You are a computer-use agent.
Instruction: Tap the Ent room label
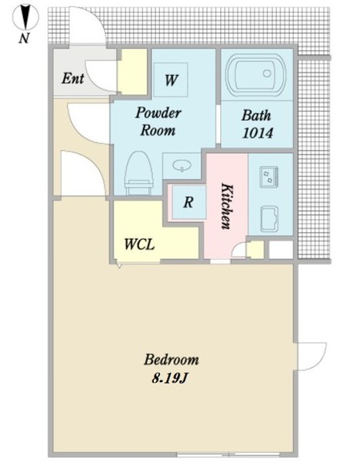[x=73, y=78]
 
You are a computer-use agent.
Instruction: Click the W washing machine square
[x=171, y=80]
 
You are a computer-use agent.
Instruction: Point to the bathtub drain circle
[x=267, y=73]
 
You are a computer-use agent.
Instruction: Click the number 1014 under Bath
[x=257, y=133]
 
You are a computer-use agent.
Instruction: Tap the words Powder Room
[x=158, y=121]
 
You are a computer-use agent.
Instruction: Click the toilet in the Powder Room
[x=139, y=173]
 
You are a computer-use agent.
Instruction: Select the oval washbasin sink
[x=182, y=165]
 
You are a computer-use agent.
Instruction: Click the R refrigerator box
[x=188, y=202]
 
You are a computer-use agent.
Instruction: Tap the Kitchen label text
[x=227, y=206]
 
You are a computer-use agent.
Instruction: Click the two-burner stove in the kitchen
[x=269, y=176]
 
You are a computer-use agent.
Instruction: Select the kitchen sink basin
[x=270, y=219]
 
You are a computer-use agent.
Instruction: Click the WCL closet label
[x=139, y=244]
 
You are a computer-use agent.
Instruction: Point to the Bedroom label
[x=172, y=360]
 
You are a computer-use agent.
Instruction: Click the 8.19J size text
[x=170, y=378]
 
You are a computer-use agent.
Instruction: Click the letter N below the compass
[x=24, y=38]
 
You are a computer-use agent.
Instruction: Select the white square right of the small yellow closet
[x=280, y=250]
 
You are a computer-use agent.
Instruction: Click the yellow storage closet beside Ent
[x=132, y=72]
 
